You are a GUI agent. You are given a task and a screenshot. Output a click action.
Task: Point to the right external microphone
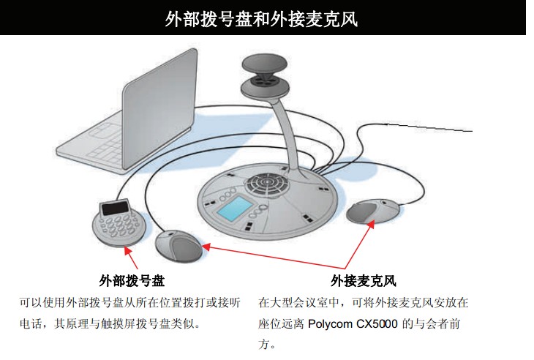372,212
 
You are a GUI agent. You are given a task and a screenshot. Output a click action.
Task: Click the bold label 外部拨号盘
132,281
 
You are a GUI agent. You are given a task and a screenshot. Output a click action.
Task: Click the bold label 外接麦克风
364,281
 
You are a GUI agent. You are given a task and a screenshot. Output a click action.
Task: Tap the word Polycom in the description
334,323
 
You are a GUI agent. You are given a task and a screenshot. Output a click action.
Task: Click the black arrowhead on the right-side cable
384,127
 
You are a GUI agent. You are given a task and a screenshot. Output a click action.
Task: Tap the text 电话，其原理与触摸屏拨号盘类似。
110,323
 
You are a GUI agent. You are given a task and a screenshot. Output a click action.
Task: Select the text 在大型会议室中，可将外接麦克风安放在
364,302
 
